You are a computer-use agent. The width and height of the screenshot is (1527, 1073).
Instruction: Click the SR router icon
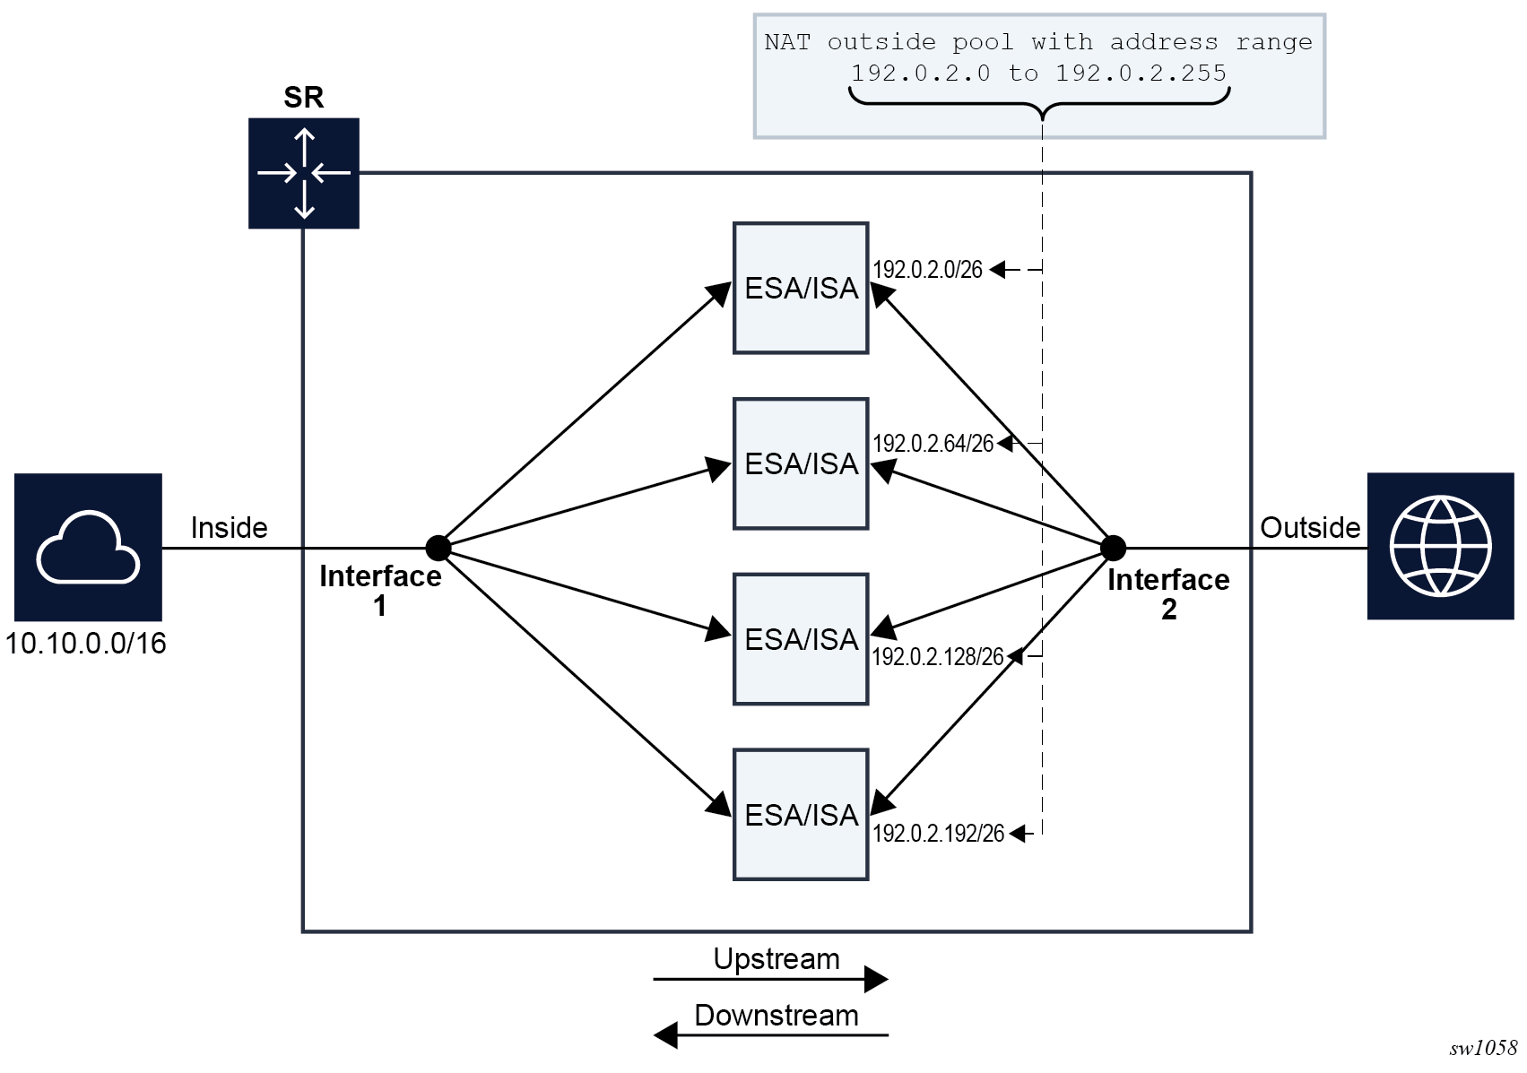click(304, 173)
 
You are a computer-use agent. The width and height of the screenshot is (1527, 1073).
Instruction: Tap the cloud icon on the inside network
click(88, 547)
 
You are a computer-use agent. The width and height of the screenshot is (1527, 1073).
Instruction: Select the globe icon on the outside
click(1440, 546)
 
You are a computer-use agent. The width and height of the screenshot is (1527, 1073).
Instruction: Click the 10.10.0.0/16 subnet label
click(86, 644)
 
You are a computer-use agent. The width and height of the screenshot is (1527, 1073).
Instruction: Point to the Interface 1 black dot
click(438, 547)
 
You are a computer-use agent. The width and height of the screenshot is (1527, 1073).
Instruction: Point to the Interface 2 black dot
click(1113, 547)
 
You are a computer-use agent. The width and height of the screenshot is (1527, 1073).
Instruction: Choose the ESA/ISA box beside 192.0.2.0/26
click(801, 288)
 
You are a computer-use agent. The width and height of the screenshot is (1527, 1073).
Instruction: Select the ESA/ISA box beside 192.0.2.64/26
click(801, 463)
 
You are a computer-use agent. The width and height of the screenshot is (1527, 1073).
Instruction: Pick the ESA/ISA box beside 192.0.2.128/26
click(801, 639)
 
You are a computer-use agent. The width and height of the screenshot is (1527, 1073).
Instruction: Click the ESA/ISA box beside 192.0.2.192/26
click(801, 815)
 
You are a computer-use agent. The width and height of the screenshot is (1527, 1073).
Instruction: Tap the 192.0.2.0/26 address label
click(928, 270)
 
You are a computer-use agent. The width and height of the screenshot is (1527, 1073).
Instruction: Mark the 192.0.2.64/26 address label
click(933, 444)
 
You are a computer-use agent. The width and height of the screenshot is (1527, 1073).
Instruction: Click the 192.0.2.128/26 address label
click(938, 657)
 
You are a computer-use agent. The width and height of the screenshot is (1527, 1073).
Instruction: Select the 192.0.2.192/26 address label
click(939, 834)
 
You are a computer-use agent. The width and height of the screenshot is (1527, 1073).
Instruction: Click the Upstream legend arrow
click(771, 979)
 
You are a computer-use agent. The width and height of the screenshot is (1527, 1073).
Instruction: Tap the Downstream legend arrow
click(771, 1035)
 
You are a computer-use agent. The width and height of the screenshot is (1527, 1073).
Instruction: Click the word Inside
click(229, 527)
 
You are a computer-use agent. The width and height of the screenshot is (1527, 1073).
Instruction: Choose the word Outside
click(1310, 527)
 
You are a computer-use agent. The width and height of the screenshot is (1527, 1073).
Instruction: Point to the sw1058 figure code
click(1483, 1048)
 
